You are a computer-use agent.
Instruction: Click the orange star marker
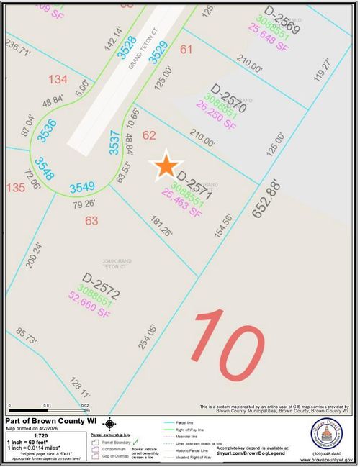coord(166,166)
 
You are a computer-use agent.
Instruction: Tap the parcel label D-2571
coord(194,182)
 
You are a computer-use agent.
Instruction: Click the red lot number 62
coord(150,135)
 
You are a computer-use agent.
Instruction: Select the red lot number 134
coord(58,78)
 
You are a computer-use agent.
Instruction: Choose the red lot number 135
coord(15,187)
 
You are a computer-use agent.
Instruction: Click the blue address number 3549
coord(82,188)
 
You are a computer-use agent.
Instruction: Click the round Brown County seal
coord(326,435)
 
